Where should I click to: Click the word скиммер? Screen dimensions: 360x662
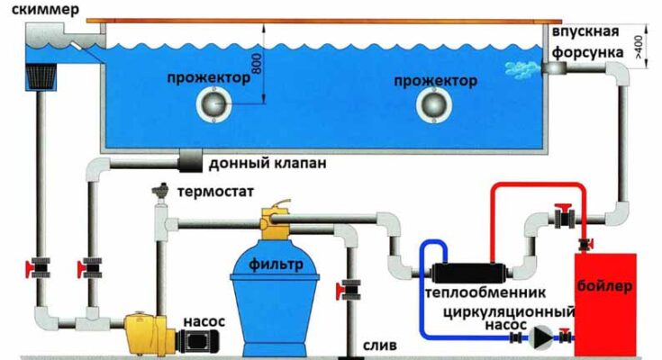point(41,12)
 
